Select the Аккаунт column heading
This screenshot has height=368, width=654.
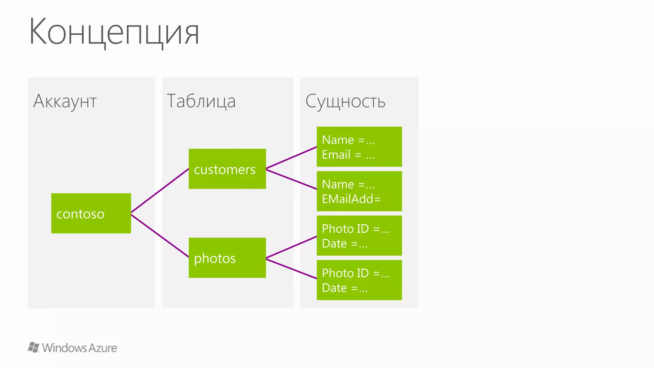click(x=65, y=101)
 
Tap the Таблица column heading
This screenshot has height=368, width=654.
click(x=201, y=101)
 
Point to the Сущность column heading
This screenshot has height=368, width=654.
click(x=345, y=101)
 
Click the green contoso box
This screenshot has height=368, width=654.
click(x=91, y=213)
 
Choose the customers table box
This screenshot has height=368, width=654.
click(x=227, y=169)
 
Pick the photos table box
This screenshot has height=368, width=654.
click(x=227, y=257)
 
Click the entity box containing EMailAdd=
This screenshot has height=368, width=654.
click(x=359, y=191)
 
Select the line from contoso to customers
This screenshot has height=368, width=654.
click(x=160, y=190)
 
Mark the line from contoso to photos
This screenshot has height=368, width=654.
click(x=160, y=235)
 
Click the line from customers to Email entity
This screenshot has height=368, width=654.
click(x=291, y=157)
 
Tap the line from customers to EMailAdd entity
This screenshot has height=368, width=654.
click(x=291, y=179)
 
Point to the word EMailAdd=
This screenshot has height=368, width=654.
click(x=351, y=199)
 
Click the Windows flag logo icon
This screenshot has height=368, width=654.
click(x=34, y=347)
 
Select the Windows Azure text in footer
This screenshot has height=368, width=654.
click(x=80, y=348)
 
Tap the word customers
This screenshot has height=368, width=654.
click(x=224, y=170)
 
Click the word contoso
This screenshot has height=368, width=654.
click(x=80, y=214)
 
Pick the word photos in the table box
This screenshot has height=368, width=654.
click(x=215, y=258)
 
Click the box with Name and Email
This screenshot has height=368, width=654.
click(x=359, y=147)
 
